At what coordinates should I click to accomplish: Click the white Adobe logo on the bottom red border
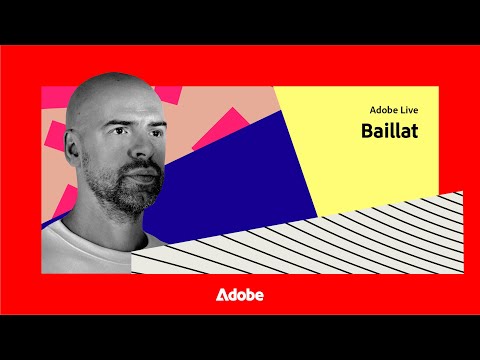240,295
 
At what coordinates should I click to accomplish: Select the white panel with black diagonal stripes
330,240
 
